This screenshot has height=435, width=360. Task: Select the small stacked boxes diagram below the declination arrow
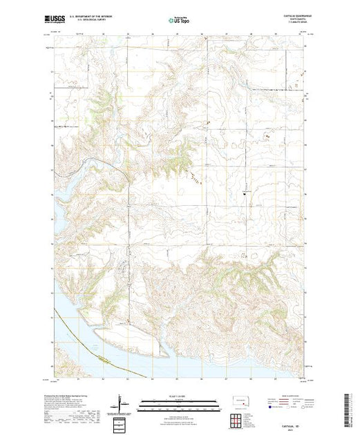point(120,420)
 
